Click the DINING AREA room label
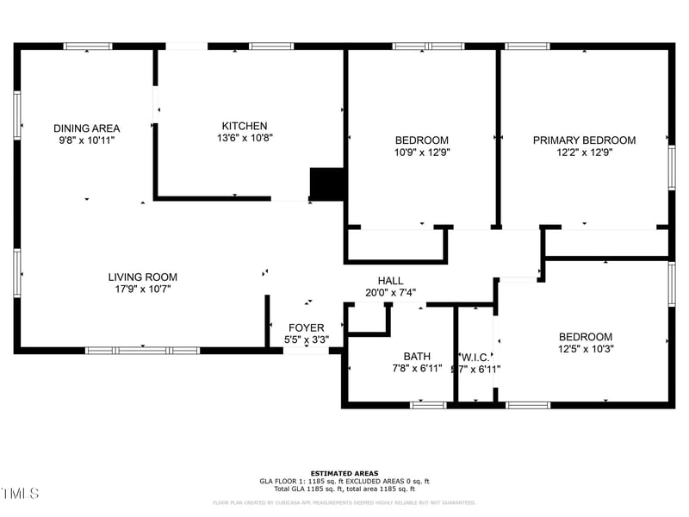tap(86, 128)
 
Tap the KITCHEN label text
tap(245, 126)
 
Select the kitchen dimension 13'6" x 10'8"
tap(245, 138)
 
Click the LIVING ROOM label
tap(143, 277)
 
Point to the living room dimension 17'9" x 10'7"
tap(143, 290)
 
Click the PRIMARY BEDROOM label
tap(584, 140)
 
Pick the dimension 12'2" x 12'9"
tap(584, 153)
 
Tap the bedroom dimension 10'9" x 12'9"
tap(422, 153)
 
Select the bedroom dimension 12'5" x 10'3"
tap(586, 349)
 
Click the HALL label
tap(390, 281)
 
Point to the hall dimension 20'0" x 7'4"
tap(390, 293)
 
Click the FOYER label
tap(306, 327)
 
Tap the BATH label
tap(417, 357)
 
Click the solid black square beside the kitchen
tap(327, 184)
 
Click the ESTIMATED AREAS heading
tap(344, 473)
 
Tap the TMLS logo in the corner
tap(20, 494)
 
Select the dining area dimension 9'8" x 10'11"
tap(86, 140)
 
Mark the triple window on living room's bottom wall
tap(142, 351)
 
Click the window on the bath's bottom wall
tap(428, 404)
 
